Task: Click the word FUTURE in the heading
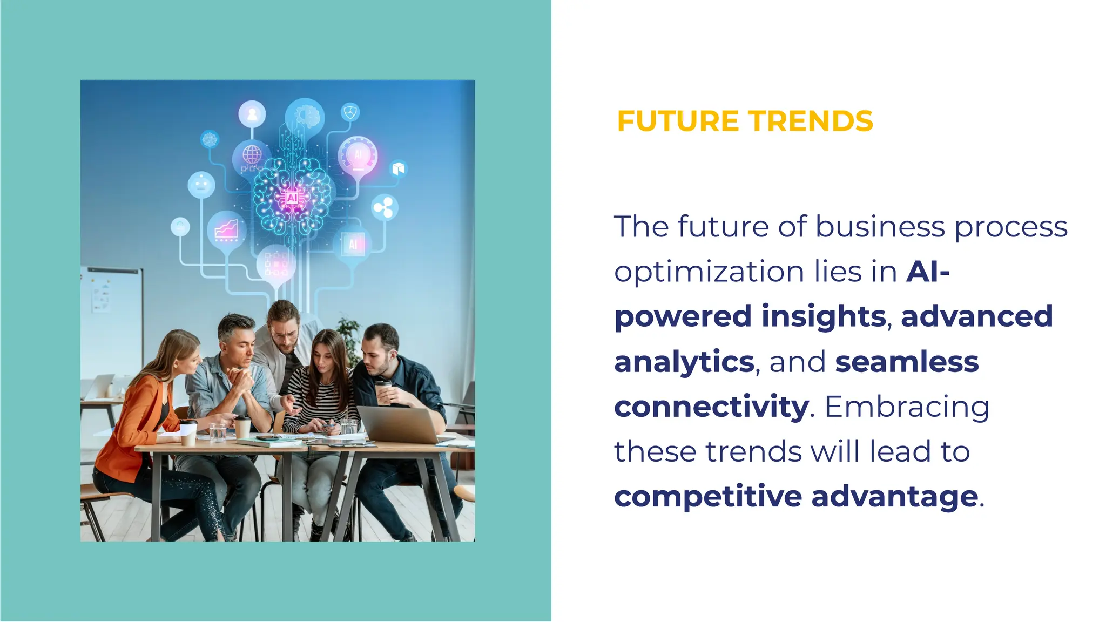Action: [x=677, y=121]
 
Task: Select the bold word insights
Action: [x=823, y=316]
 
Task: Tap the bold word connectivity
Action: [x=711, y=406]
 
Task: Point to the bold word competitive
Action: [x=707, y=496]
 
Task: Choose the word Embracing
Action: [x=907, y=406]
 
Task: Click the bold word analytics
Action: [x=684, y=361]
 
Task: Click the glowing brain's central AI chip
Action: [x=292, y=198]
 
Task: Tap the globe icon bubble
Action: [x=252, y=155]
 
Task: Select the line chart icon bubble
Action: [x=226, y=229]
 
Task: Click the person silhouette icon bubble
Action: [x=252, y=114]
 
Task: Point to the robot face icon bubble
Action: [x=201, y=185]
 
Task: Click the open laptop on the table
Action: [x=399, y=424]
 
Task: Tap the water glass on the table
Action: [x=217, y=431]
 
